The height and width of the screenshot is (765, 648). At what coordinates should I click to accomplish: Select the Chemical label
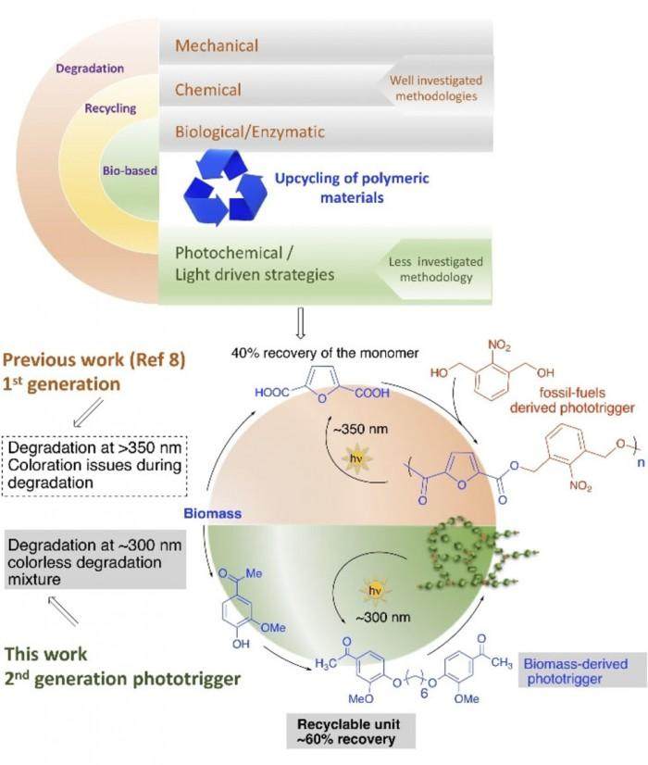coord(208,89)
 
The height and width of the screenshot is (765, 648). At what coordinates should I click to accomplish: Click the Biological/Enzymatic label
coord(250,132)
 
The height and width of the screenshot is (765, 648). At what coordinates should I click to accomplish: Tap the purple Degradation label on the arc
coord(90,68)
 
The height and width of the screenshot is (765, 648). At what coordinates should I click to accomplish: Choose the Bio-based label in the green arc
coord(129,170)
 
